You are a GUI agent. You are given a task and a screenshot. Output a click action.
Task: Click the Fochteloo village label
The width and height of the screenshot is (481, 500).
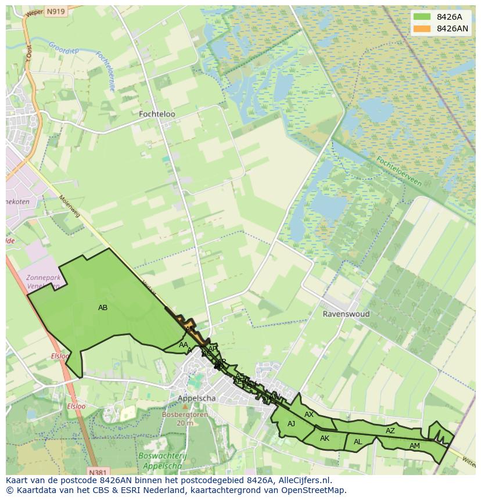pos(157,114)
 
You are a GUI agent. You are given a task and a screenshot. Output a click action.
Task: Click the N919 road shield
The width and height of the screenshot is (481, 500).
pos(56,12)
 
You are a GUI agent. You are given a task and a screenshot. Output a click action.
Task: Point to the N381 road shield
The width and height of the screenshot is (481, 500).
pos(99,472)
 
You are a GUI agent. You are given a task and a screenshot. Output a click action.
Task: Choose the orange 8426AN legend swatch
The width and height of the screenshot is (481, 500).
pos(422,28)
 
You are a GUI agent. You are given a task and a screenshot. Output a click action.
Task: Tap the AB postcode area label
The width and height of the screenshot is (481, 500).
pos(103,308)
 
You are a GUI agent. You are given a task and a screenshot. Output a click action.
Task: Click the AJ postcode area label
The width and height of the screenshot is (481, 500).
pos(291,424)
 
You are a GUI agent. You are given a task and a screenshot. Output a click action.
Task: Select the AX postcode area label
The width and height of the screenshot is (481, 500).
pos(309,415)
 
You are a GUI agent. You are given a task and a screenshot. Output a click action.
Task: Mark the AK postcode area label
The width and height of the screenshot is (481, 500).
pos(325,438)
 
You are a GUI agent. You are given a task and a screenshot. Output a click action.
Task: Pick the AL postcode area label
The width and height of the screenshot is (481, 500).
pos(358,442)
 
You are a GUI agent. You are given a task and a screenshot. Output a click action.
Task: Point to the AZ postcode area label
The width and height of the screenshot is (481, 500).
pos(390,431)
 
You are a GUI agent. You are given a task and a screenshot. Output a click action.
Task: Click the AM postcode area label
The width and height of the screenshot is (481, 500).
pos(414,446)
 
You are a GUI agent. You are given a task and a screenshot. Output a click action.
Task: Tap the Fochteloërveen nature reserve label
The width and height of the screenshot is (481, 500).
pos(399,171)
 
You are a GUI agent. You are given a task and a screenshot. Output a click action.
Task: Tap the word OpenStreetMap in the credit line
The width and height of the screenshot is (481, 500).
pos(311,490)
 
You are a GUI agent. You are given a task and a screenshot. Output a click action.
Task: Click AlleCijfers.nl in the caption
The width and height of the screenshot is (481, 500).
pos(303,480)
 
